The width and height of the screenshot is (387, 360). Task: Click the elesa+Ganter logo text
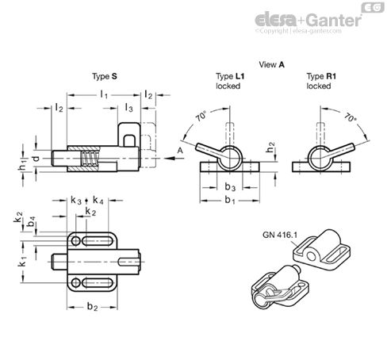[x=308, y=20]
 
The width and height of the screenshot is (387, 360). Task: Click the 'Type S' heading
[x=105, y=77]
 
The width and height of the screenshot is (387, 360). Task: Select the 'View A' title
[x=271, y=64]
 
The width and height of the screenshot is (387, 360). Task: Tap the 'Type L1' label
[x=230, y=76]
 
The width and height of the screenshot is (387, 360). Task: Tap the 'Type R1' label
[x=321, y=76]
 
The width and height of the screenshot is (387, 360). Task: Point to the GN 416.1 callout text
[x=280, y=235]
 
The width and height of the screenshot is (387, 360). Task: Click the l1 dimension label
[x=104, y=94]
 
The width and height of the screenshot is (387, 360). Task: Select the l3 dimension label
[x=128, y=108]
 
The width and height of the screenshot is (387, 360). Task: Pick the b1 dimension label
[x=230, y=201]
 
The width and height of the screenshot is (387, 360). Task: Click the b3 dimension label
[x=230, y=187]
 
